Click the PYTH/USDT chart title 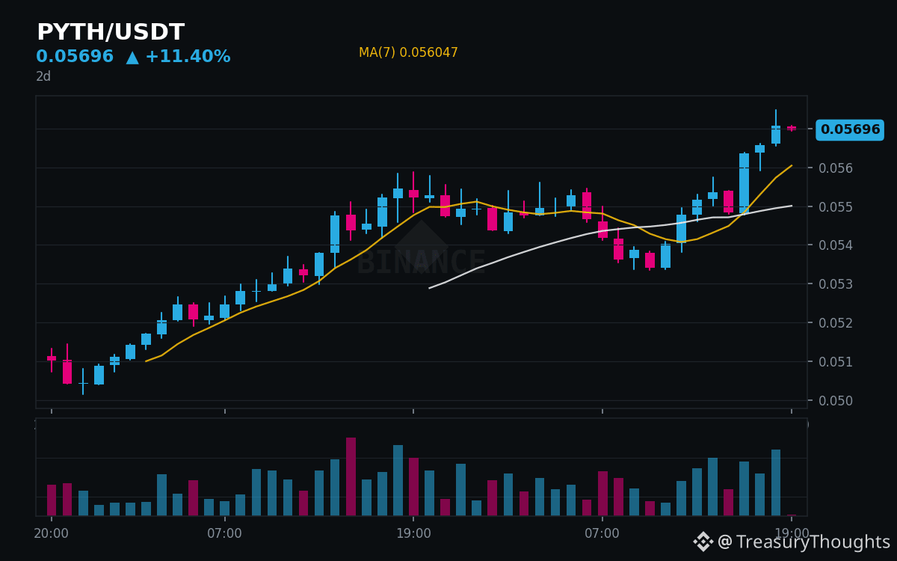coord(111,32)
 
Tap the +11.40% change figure coord(188,56)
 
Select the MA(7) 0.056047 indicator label coord(408,52)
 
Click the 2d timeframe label coord(43,76)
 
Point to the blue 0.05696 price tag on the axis coord(850,129)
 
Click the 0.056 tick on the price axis coord(836,168)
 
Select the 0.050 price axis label coord(836,400)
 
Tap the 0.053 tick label coord(836,284)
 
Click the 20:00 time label coord(52,533)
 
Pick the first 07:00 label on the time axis coord(225,533)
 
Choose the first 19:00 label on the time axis coord(413,533)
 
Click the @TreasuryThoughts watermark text coord(804,542)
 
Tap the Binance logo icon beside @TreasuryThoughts coord(703,542)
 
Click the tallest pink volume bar coord(351,476)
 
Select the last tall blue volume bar coord(776,482)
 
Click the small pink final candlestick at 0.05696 coord(792,128)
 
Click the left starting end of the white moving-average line coord(429,288)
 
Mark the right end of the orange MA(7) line coord(792,165)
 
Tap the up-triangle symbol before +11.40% coord(132,58)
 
